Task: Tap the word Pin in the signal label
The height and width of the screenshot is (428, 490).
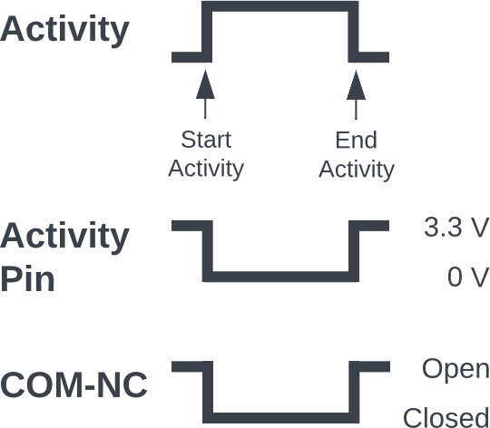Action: (x=27, y=278)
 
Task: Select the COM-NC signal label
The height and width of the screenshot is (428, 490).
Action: (x=73, y=384)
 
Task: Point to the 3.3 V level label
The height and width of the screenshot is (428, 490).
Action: (x=456, y=227)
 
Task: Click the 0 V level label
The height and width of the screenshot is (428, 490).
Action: (x=468, y=277)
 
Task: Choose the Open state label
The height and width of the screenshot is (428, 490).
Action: (x=456, y=370)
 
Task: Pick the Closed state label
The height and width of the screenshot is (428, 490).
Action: (x=446, y=417)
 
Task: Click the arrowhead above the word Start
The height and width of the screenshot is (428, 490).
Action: (x=205, y=84)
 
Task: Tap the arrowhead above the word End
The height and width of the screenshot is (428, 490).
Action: (x=356, y=85)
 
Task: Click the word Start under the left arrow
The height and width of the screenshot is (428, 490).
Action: (x=206, y=140)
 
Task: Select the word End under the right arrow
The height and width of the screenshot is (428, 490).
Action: (x=357, y=141)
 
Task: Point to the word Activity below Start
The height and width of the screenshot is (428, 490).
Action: (x=206, y=170)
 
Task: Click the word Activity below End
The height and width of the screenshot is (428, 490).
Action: (x=357, y=170)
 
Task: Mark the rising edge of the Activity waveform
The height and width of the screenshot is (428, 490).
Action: (x=207, y=32)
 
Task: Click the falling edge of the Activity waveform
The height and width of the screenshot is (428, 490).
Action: (x=354, y=32)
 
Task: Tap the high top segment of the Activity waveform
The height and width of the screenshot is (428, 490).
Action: (x=280, y=6)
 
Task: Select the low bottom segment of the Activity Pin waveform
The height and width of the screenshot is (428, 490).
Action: (x=280, y=277)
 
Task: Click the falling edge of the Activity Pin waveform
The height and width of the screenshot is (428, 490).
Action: (x=208, y=251)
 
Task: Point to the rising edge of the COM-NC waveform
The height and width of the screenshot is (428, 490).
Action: (x=354, y=393)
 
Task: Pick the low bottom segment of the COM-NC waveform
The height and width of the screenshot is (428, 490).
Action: (x=281, y=418)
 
